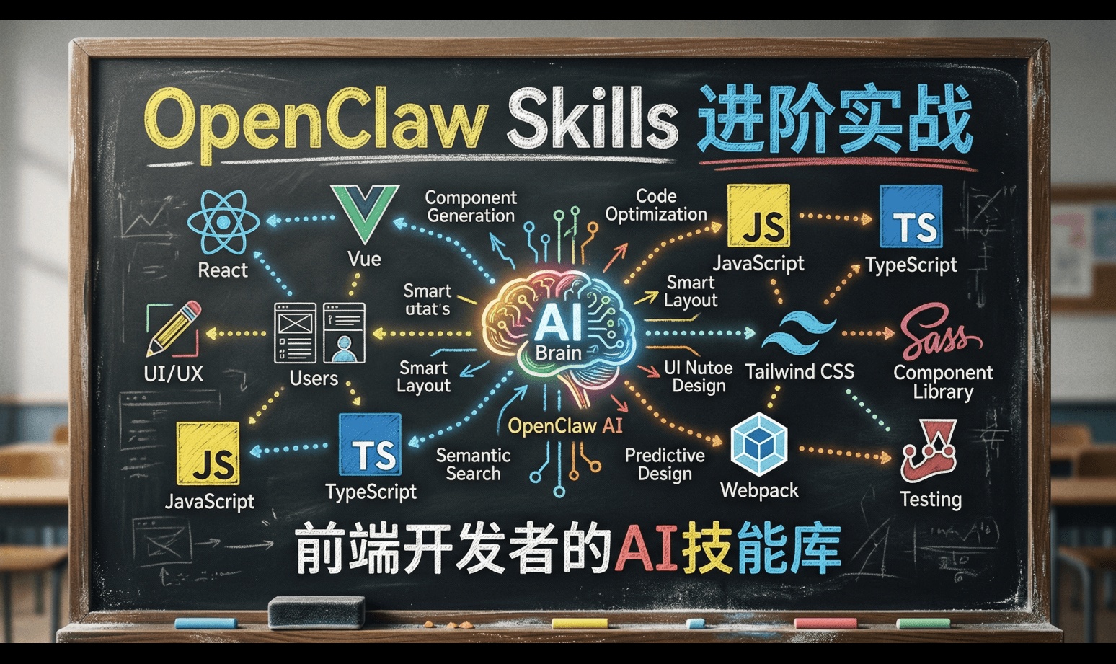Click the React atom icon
pos(223,222)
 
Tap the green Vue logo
pos(364,213)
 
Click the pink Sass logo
pos(939,332)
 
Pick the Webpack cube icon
pos(758,445)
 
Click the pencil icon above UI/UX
pos(174,329)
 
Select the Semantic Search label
pos(473,464)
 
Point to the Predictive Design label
pos(665,464)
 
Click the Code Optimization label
pos(656,205)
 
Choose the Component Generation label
pos(471,206)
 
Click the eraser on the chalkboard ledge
pos(316,612)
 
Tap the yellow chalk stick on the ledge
pos(580,623)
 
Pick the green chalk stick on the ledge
pos(923,623)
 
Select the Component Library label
pos(943,382)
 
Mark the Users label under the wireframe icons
pos(314,379)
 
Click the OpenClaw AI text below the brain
pos(564,426)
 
